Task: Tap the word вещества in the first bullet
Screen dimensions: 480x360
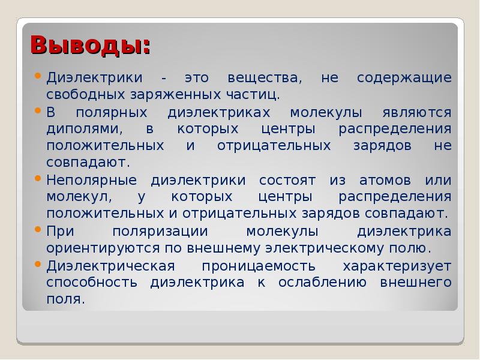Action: tap(265, 78)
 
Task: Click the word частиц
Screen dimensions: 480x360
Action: tap(253, 95)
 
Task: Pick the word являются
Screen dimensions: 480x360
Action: tap(417, 113)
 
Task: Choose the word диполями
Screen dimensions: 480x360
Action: tap(85, 129)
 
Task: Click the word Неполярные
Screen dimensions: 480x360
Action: tap(92, 181)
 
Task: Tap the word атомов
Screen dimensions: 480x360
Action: tap(385, 181)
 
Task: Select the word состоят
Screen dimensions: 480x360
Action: tap(287, 181)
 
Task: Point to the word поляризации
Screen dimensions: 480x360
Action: tap(160, 232)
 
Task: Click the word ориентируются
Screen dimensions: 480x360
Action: tap(103, 248)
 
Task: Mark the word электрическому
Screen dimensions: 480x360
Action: tap(325, 248)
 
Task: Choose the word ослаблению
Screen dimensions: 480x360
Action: tap(322, 283)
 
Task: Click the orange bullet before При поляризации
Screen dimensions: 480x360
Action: tap(38, 229)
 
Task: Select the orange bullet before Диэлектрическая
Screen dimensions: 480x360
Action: tap(38, 263)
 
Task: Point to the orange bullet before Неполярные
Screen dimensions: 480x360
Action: tap(38, 178)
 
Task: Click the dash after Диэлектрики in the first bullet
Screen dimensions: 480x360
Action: tap(164, 79)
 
